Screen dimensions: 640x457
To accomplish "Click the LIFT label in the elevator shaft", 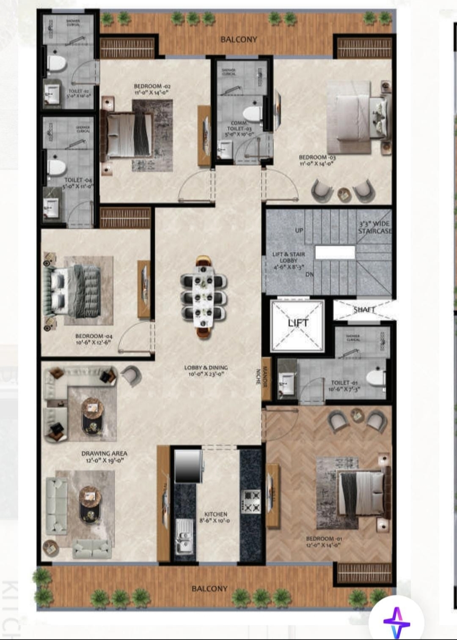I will point(298,323).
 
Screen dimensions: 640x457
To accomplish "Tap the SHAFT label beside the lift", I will point(364,310).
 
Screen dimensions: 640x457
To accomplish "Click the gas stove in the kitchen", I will point(251,501).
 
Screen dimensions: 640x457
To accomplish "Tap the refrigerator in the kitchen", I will point(187,466).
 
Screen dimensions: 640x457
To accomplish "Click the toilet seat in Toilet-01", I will point(376,377).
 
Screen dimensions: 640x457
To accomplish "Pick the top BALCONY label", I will point(239,39).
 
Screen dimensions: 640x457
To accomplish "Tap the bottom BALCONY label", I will point(209,588).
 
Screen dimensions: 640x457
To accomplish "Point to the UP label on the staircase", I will point(299,230).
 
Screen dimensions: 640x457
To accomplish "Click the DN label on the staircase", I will point(310,274).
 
